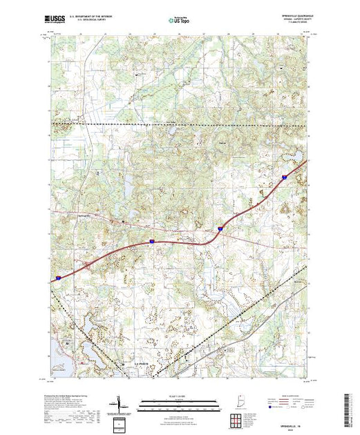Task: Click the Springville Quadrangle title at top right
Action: (x=289, y=16)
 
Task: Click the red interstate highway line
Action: (x=173, y=242)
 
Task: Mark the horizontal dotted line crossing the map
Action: (x=180, y=123)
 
